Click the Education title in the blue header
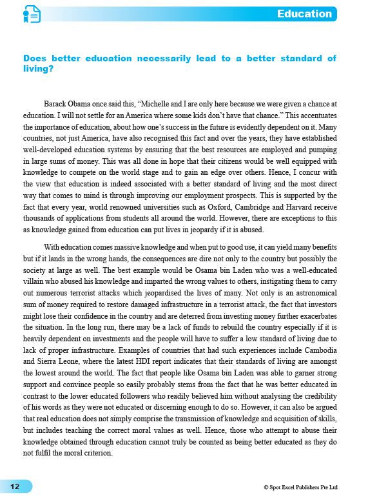(304, 14)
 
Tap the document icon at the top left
(30, 14)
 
